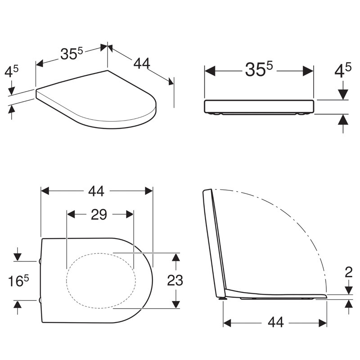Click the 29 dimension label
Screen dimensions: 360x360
click(x=99, y=215)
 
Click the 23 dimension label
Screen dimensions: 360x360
click(x=175, y=280)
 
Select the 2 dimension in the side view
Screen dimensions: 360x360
click(x=348, y=273)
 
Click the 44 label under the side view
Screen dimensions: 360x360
click(x=276, y=322)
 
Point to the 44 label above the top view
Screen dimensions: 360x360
click(x=96, y=191)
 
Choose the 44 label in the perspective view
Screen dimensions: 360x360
click(x=142, y=63)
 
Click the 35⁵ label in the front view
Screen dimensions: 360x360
click(x=259, y=69)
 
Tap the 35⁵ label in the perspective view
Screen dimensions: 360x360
click(x=72, y=54)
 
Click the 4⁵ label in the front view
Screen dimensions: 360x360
click(x=343, y=70)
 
